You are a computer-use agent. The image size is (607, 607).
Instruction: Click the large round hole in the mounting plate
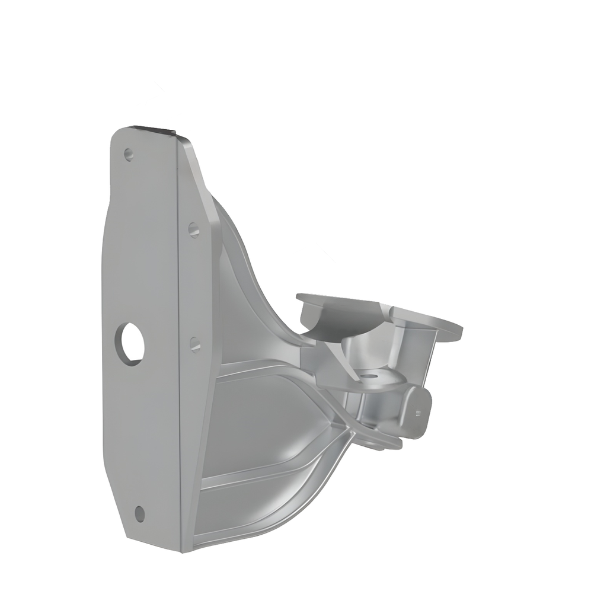pos(131,344)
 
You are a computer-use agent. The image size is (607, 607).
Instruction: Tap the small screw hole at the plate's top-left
pos(128,155)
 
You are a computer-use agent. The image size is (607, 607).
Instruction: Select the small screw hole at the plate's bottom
pos(139,513)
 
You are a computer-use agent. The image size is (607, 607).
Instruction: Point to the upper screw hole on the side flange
pos(194,229)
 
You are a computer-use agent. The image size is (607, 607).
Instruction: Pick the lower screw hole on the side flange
pos(195,344)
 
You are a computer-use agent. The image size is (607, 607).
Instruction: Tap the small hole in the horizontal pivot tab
pos(370,376)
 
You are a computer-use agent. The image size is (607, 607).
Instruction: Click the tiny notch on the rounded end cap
pos(419,413)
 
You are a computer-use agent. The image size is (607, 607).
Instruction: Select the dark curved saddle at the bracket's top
pos(341,317)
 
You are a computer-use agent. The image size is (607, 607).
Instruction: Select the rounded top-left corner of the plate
pos(117,135)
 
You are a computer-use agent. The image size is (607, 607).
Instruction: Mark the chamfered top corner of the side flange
pos(186,142)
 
